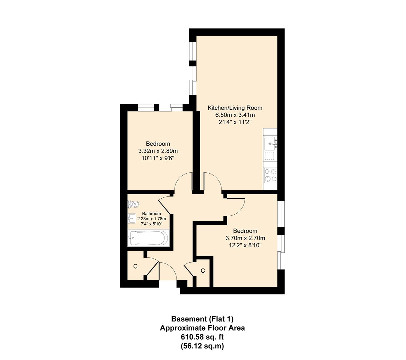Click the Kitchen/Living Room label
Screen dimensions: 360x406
235,108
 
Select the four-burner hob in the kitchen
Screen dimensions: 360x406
270,175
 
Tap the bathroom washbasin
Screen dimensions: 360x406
131,219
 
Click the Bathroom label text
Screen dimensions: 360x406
152,214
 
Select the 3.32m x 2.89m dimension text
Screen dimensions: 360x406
158,151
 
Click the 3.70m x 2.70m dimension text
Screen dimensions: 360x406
245,238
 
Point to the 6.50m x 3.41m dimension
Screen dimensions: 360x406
235,115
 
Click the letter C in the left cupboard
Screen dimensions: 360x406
135,266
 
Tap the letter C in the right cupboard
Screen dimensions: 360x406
203,271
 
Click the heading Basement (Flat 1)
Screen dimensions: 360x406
203,319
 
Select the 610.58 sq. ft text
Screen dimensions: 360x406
203,337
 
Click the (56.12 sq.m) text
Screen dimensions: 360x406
203,346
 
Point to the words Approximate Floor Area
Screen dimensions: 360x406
203,328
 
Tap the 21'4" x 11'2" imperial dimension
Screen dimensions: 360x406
235,122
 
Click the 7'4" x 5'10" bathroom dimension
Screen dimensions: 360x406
152,224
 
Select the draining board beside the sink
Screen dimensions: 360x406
270,156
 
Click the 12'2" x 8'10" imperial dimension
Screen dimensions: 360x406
245,245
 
